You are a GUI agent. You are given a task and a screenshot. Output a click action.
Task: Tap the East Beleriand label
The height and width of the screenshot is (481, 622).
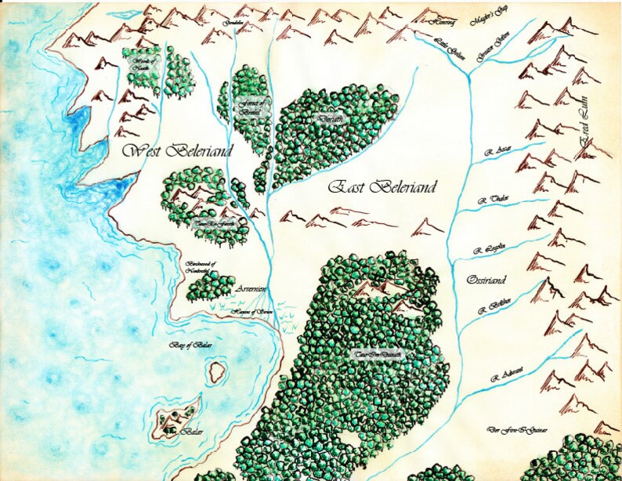pyautogui.click(x=382, y=187)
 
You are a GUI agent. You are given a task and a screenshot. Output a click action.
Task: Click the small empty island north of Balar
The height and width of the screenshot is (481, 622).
pyautogui.click(x=217, y=371)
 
